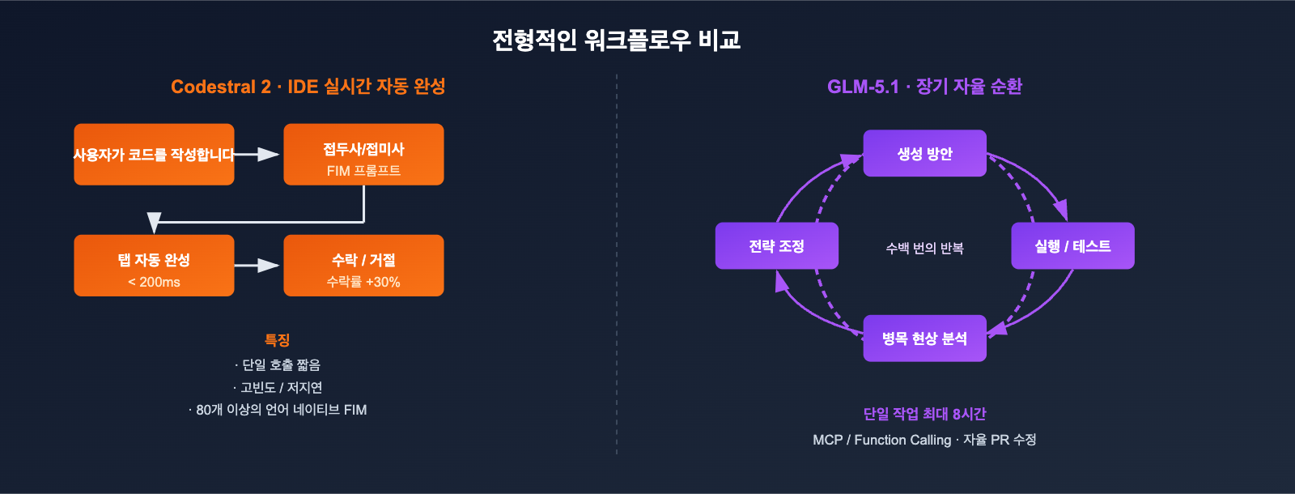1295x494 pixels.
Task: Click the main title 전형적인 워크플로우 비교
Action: pyautogui.click(x=616, y=40)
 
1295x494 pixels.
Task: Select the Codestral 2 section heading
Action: pyautogui.click(x=308, y=87)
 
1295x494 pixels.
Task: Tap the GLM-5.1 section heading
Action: pyautogui.click(x=923, y=87)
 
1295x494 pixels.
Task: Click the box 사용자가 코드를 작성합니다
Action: pyautogui.click(x=154, y=155)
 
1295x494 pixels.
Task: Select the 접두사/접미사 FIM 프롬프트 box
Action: pyautogui.click(x=363, y=155)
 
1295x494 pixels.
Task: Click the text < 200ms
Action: pyautogui.click(x=154, y=282)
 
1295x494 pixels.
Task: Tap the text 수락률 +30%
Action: pyautogui.click(x=363, y=282)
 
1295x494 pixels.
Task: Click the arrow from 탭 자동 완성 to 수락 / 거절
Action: pyautogui.click(x=257, y=266)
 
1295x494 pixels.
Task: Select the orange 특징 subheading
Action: pyautogui.click(x=277, y=340)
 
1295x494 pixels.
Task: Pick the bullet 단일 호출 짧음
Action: pyautogui.click(x=278, y=365)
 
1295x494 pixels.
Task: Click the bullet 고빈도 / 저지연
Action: pyautogui.click(x=278, y=388)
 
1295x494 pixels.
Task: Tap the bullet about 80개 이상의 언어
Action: pyautogui.click(x=278, y=410)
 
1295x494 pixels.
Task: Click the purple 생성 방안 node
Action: pyautogui.click(x=924, y=153)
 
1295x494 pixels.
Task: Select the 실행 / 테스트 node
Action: pyautogui.click(x=1072, y=245)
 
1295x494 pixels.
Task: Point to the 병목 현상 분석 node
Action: pyautogui.click(x=924, y=339)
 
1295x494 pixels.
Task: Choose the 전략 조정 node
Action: pyautogui.click(x=776, y=245)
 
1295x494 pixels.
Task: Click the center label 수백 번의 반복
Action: pyautogui.click(x=924, y=248)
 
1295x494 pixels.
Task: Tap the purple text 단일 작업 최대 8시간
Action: pyautogui.click(x=924, y=414)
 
